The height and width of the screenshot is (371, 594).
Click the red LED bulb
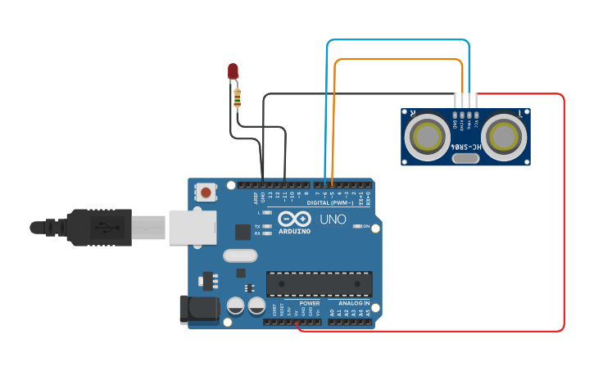(234, 71)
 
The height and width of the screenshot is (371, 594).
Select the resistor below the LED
(238, 98)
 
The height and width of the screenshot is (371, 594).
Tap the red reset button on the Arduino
(206, 192)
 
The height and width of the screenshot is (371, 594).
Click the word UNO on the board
(332, 219)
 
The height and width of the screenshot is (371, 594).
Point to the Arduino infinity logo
(293, 219)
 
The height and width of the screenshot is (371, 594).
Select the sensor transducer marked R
(427, 136)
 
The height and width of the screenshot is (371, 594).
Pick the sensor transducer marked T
(502, 136)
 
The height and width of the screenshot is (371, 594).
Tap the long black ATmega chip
(319, 283)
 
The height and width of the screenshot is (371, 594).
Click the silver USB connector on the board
(193, 227)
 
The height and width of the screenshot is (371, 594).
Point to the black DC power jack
(198, 309)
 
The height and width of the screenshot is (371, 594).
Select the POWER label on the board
(310, 303)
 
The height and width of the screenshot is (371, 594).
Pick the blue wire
(397, 40)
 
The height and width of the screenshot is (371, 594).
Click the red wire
(564, 213)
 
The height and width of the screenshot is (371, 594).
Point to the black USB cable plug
(98, 227)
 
